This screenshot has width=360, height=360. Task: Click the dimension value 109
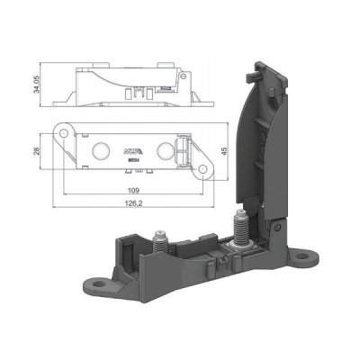(132, 190)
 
